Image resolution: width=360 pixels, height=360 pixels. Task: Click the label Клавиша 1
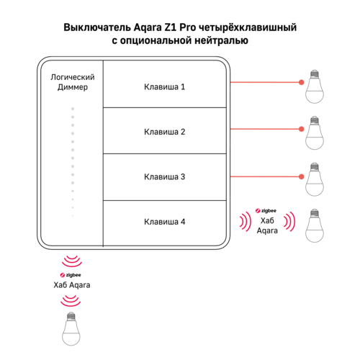(x=164, y=87)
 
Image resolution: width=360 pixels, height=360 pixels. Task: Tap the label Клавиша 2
(x=164, y=132)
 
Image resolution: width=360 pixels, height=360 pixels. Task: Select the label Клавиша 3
(x=164, y=177)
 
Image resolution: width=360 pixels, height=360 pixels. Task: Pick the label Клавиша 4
(x=164, y=222)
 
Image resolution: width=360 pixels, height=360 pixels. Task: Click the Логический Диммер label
(x=73, y=82)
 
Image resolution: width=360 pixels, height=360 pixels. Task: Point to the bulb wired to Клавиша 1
(x=315, y=86)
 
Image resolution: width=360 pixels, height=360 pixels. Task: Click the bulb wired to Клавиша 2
(x=315, y=132)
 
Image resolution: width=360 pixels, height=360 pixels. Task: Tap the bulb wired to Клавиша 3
(x=315, y=179)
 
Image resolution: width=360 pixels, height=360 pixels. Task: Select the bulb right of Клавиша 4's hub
(x=315, y=225)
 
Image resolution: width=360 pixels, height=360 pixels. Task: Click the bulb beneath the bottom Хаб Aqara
(x=71, y=328)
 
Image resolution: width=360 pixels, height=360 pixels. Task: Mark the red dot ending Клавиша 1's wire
(x=302, y=82)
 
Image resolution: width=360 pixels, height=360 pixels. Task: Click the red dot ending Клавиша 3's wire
(x=302, y=177)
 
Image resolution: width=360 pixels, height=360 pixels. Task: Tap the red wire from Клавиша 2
(x=266, y=129)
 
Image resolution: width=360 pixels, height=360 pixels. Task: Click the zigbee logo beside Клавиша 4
(x=266, y=211)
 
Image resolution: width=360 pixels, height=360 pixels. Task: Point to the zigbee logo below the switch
(x=71, y=275)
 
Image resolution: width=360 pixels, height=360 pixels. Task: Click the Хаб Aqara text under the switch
(x=72, y=285)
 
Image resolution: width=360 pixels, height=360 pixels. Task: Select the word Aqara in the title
(x=148, y=27)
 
